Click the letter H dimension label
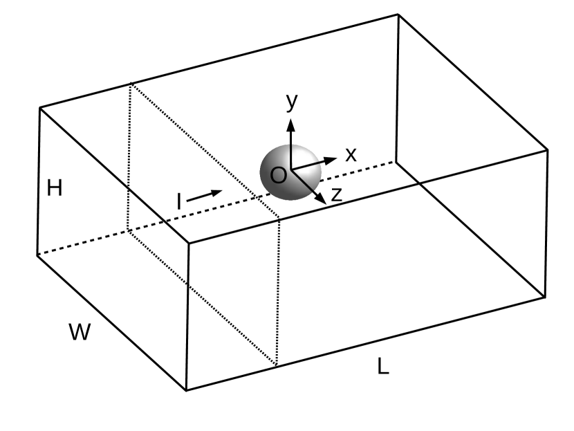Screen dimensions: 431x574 (55, 187)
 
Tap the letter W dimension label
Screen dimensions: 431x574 (80, 332)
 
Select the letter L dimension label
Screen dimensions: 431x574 (382, 366)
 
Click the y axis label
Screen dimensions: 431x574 (292, 101)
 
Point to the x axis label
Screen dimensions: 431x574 (351, 154)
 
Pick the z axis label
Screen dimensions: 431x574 (337, 194)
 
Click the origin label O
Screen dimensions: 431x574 (278, 175)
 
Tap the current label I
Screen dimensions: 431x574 (179, 201)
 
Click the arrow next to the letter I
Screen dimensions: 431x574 (205, 195)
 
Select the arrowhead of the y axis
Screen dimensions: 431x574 (291, 124)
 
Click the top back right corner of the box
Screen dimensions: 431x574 (398, 14)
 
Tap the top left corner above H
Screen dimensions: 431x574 (39, 108)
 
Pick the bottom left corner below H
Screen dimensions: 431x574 (37, 255)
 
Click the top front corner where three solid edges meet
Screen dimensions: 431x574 (189, 244)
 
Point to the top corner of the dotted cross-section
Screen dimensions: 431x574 (131, 83)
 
